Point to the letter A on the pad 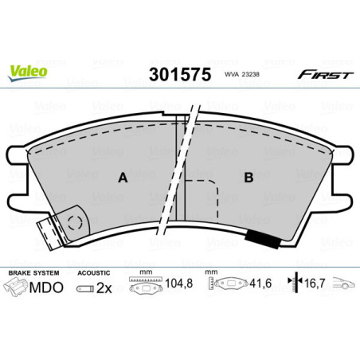tap(123, 178)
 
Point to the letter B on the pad tap(248, 178)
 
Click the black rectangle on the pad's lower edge tap(258, 237)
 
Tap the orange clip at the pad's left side tap(53, 233)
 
